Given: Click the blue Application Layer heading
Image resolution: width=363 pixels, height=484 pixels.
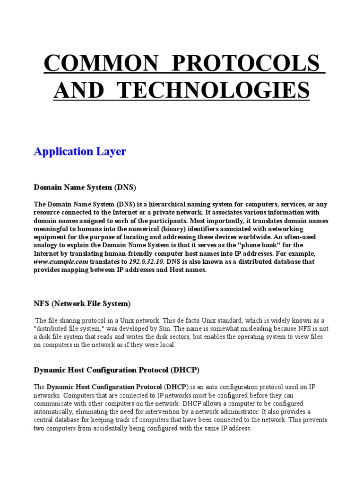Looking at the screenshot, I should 80,151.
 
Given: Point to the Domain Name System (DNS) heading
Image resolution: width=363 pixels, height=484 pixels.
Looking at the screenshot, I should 85,188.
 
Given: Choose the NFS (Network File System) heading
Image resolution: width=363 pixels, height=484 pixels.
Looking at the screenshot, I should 82,303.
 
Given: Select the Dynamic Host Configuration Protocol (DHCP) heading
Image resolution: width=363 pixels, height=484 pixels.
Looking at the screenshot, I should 117,370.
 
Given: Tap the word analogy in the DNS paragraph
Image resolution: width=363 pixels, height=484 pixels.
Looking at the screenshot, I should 48,245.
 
